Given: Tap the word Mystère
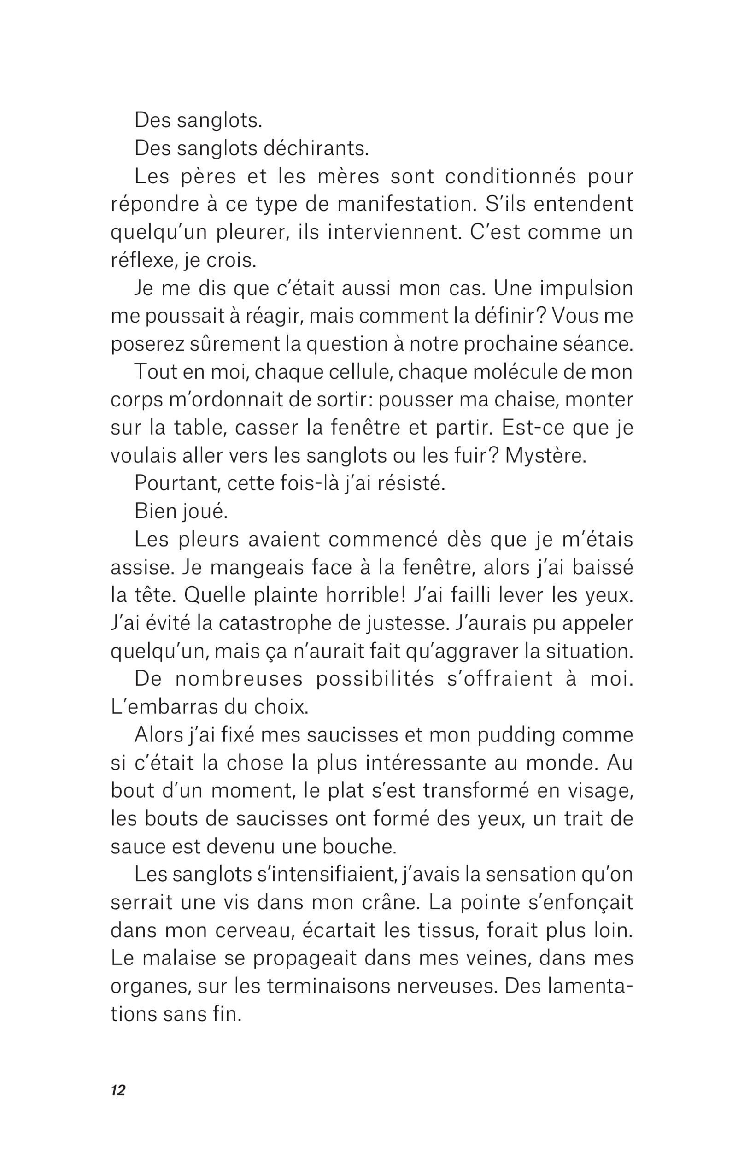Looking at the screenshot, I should pos(545,457).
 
